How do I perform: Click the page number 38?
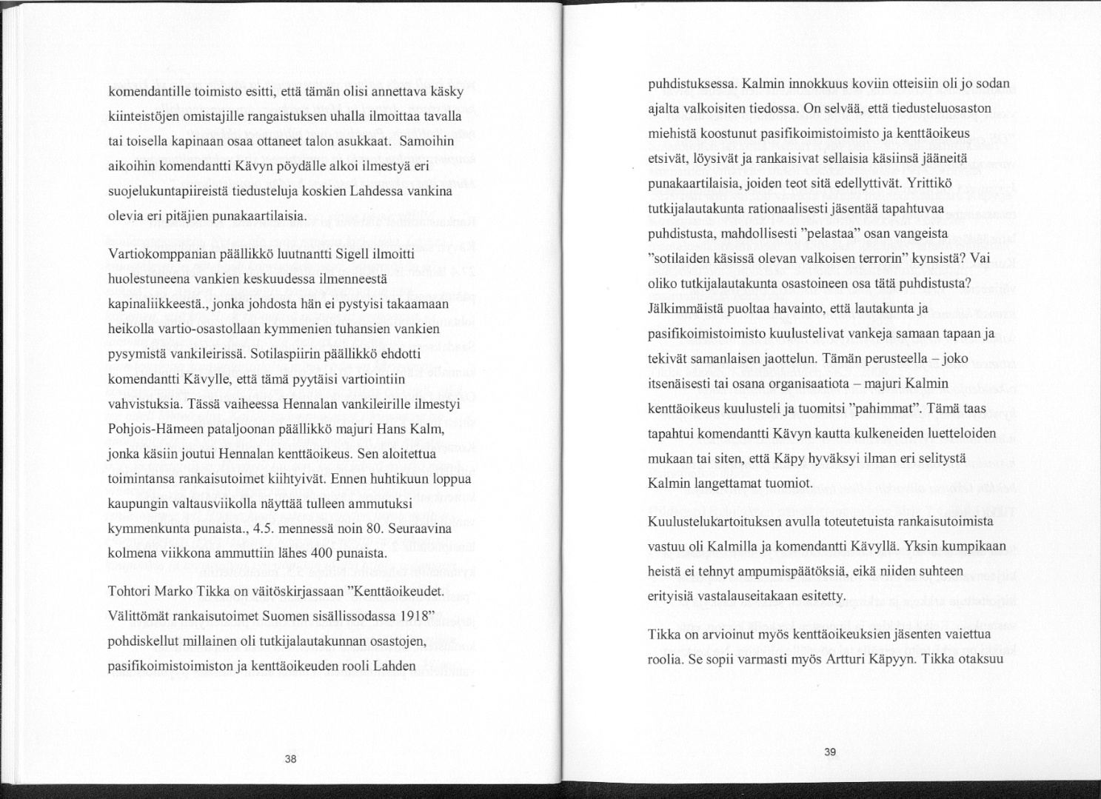[290, 758]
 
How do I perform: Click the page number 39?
[830, 752]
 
